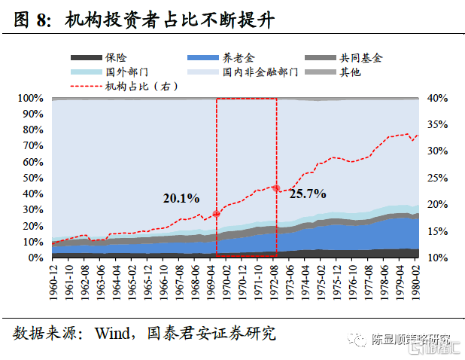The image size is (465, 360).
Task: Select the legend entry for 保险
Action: coord(116,57)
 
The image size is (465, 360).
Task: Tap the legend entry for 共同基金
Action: coord(360,57)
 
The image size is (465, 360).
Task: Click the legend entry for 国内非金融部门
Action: coord(260,72)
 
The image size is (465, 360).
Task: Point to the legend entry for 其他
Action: coord(349,72)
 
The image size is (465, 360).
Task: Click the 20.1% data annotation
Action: coord(181,199)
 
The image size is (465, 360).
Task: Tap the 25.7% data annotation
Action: coord(307,194)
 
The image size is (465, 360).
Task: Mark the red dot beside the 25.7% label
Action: coord(276,188)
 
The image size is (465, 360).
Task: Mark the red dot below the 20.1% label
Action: coord(217,214)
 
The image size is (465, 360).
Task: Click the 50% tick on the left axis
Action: coord(33,178)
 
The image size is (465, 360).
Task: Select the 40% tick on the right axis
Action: coord(438,99)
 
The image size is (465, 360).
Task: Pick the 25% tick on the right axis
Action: coord(438,178)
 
